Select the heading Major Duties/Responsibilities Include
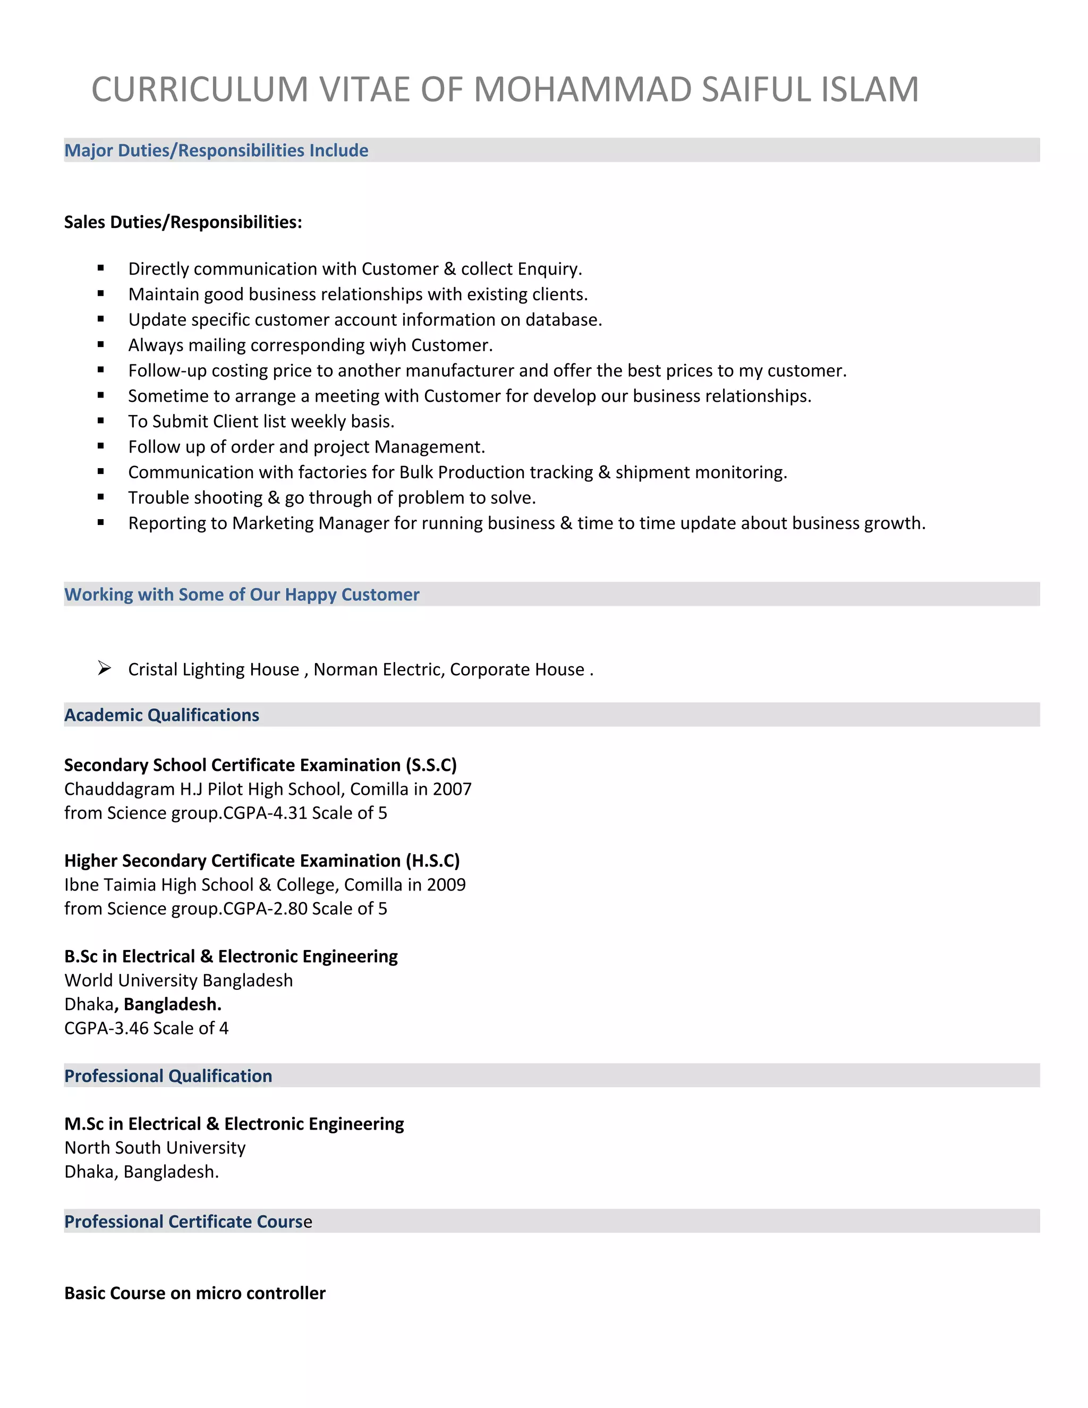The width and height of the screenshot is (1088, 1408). [x=216, y=150]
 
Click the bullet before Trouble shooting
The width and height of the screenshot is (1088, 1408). [x=100, y=497]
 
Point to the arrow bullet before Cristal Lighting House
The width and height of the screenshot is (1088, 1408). [x=105, y=668]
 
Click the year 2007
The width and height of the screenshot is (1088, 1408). [x=452, y=789]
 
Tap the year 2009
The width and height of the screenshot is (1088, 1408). [x=446, y=885]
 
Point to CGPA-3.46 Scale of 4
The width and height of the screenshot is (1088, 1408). [x=146, y=1028]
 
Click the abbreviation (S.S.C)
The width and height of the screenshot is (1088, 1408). [x=431, y=765]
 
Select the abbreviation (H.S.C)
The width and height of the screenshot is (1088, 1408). [x=432, y=861]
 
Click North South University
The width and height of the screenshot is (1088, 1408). [x=155, y=1148]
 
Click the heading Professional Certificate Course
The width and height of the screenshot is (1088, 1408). [x=188, y=1222]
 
